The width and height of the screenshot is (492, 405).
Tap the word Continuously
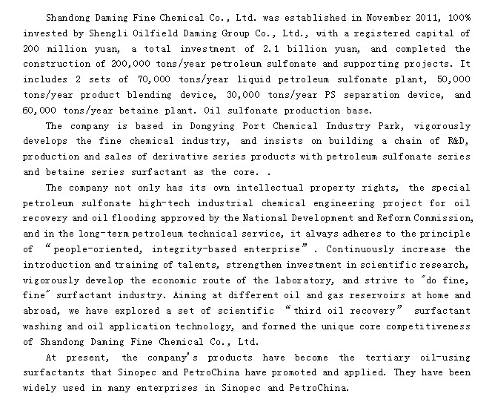[x=362, y=249]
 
